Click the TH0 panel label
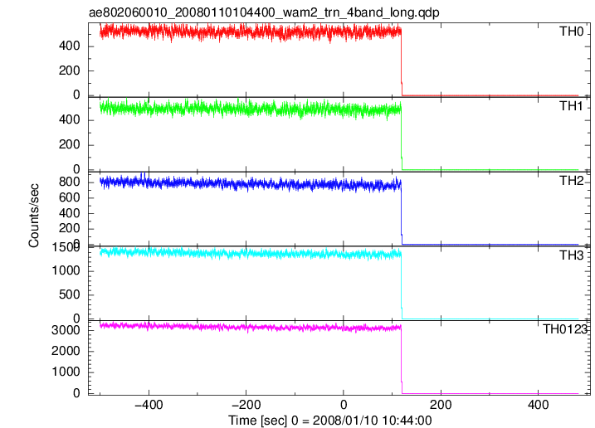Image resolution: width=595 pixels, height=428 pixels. point(572,32)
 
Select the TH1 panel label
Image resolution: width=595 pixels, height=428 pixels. point(571,106)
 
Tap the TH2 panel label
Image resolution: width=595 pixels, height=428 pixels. point(572,181)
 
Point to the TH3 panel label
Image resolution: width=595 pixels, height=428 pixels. point(572,255)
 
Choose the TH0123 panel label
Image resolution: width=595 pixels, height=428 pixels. point(565,329)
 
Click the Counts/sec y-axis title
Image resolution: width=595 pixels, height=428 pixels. point(34,216)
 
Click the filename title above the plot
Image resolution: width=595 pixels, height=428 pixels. point(264,12)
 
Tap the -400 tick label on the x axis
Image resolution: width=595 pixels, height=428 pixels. point(149,405)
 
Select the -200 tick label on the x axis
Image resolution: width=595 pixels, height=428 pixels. point(246,405)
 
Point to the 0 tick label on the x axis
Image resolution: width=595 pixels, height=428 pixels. point(344,405)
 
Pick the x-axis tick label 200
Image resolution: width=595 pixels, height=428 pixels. point(441,405)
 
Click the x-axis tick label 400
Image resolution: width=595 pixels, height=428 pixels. point(538,405)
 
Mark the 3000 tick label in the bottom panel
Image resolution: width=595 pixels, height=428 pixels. point(66,330)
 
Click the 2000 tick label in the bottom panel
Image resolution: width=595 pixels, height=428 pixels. point(66,351)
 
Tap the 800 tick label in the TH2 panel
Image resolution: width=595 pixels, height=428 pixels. point(70,182)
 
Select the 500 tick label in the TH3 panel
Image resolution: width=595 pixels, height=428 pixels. point(70,294)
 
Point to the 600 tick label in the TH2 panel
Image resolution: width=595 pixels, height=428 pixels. point(70,197)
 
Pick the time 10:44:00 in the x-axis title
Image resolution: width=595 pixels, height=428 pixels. point(408,421)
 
